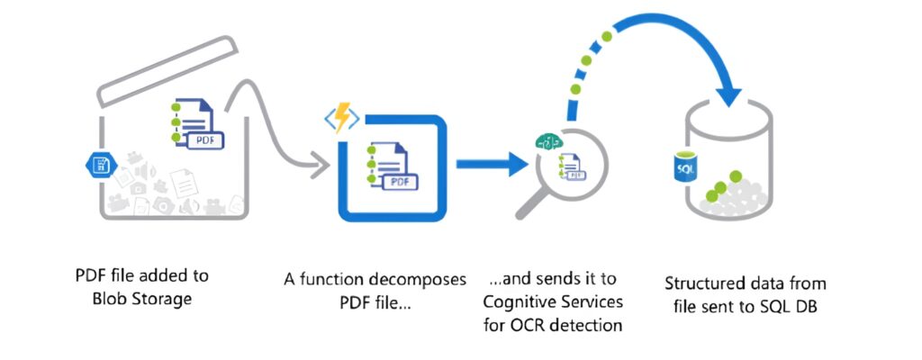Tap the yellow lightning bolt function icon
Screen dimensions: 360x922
tap(340, 118)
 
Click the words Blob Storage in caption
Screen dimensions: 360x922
tap(142, 299)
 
